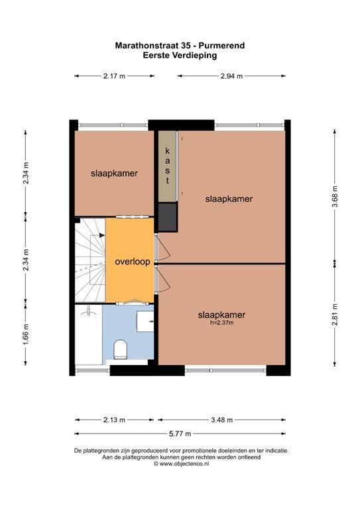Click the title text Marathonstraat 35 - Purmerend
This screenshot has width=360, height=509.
(x=180, y=46)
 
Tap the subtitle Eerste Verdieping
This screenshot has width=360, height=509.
(x=180, y=55)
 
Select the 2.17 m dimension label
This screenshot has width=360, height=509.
(x=114, y=76)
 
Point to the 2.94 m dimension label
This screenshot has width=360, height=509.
(x=231, y=76)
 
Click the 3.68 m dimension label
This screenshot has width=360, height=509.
(x=335, y=196)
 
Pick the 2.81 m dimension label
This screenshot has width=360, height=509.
(x=335, y=314)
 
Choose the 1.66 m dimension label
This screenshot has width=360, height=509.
(x=26, y=334)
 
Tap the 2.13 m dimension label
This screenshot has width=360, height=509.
(x=114, y=420)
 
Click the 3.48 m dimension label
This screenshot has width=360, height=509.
(x=221, y=420)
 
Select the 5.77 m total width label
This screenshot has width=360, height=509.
(x=180, y=433)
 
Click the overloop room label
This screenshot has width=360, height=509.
(x=133, y=262)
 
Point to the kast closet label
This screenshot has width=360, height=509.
(x=168, y=166)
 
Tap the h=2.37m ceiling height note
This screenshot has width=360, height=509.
(x=221, y=323)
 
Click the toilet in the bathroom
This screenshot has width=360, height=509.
(x=120, y=349)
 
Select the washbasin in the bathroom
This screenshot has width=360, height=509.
(x=145, y=321)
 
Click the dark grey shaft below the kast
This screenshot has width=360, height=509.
(x=168, y=217)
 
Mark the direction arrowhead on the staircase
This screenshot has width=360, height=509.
(x=102, y=235)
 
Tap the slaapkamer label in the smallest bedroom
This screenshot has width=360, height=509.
(x=114, y=174)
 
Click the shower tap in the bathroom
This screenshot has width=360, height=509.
(x=88, y=311)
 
